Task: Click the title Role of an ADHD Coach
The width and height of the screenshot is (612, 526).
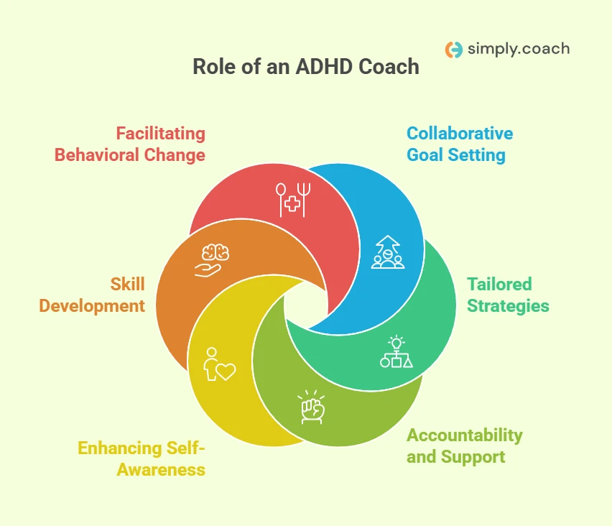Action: coord(306,66)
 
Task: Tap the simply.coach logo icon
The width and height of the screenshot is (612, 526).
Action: coord(454,50)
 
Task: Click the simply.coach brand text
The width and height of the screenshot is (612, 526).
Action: coord(519,49)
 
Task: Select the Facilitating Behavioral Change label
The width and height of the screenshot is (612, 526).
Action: coord(130,144)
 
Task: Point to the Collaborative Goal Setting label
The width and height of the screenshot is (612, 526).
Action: coord(460,144)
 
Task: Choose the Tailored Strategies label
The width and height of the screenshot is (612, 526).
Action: coord(508,295)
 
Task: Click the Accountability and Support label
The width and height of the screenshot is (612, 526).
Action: coord(465,446)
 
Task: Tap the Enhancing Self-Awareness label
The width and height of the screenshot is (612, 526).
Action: coord(142,459)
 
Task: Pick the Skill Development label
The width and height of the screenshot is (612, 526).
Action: coord(92,295)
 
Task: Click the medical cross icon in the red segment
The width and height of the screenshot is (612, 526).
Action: coord(293,200)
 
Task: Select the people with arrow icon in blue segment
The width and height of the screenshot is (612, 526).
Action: coord(388,252)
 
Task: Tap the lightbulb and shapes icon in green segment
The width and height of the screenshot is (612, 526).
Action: coord(397,351)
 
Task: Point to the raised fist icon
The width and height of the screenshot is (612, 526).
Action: coord(312,407)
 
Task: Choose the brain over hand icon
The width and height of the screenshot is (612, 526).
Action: coord(212,260)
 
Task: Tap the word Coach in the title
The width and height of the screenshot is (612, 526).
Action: coord(389,66)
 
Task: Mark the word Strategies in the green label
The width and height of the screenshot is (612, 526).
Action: coord(508,306)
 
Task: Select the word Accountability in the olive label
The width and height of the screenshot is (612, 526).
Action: coord(465,435)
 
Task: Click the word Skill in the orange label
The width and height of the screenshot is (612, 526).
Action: coord(128,285)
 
